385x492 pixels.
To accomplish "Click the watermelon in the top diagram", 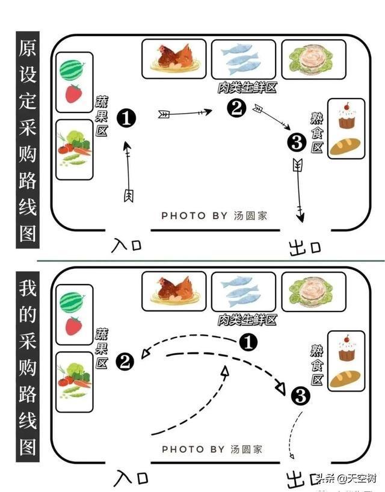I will pyautogui.click(x=72, y=70).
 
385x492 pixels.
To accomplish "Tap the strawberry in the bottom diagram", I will pyautogui.click(x=73, y=325).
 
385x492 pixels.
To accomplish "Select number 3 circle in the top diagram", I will pyautogui.click(x=297, y=143).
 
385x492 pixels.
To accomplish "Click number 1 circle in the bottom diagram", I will pyautogui.click(x=248, y=342).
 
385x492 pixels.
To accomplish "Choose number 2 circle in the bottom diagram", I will pyautogui.click(x=125, y=361).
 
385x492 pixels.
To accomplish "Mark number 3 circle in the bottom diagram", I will pyautogui.click(x=300, y=395).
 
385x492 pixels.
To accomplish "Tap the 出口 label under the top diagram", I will pyautogui.click(x=304, y=247).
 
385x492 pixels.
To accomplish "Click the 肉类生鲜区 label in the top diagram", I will pyautogui.click(x=247, y=88).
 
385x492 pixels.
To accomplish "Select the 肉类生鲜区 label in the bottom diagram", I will pyautogui.click(x=247, y=319).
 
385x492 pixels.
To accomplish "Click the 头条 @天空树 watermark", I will pyautogui.click(x=348, y=478).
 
